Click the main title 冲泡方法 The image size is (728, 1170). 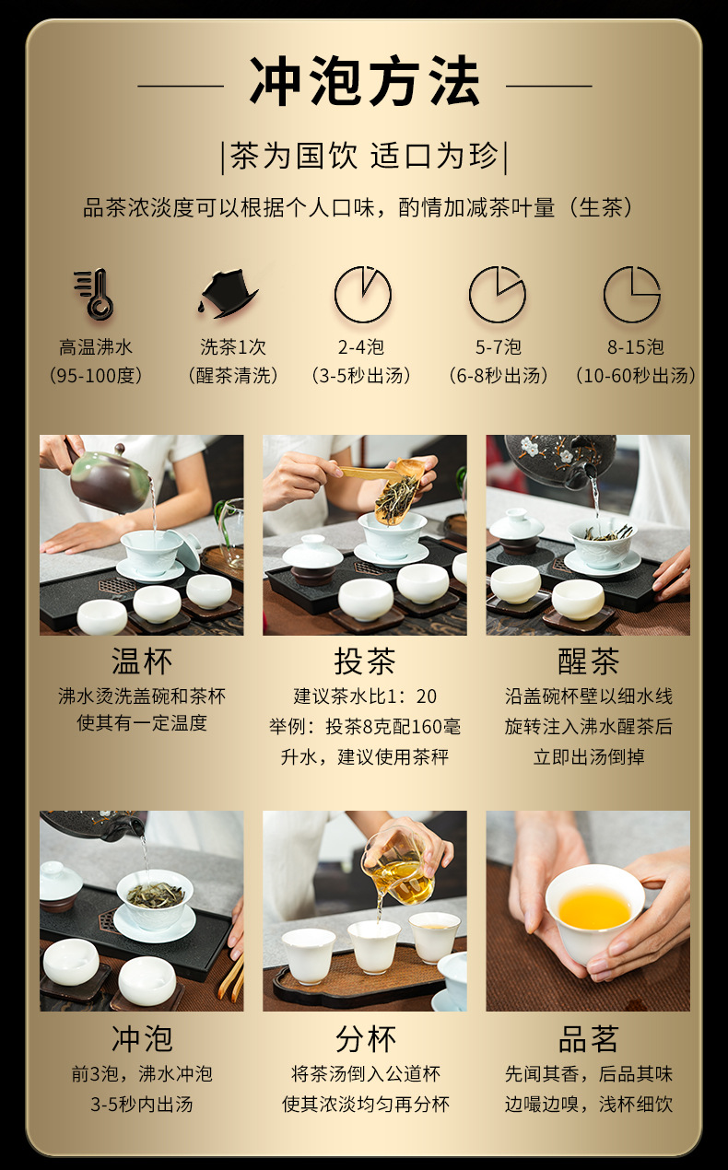[364, 82]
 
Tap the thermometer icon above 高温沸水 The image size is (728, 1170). [94, 294]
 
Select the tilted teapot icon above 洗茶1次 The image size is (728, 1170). [229, 293]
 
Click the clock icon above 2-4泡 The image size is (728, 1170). [363, 294]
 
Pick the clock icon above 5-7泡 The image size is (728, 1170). [497, 294]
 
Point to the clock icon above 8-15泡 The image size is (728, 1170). [632, 294]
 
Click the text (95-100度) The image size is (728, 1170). [96, 375]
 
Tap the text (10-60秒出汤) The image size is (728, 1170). [636, 375]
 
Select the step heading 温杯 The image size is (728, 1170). [142, 661]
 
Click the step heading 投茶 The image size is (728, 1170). [365, 661]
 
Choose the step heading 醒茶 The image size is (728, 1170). [589, 661]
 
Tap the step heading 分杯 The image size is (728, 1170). [365, 1039]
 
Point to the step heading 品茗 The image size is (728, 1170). [589, 1039]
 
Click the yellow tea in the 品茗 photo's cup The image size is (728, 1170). [594, 909]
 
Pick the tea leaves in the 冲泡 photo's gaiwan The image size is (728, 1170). [155, 895]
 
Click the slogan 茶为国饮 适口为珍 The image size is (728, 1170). [364, 156]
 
